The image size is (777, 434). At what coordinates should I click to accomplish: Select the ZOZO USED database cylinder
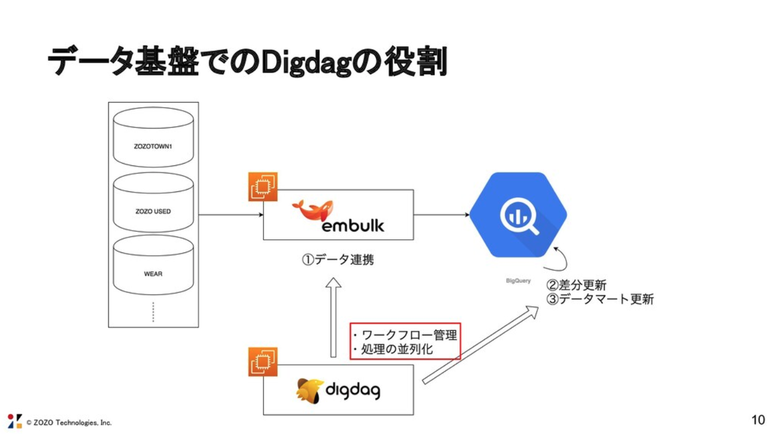point(153,203)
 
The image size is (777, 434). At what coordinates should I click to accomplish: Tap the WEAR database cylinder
point(153,266)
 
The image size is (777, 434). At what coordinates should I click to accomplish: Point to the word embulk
point(353,224)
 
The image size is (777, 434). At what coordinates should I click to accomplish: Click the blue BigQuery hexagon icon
point(518,214)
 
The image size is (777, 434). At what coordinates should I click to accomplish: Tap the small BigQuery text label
point(518,281)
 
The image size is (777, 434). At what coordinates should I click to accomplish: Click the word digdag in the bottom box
point(353,391)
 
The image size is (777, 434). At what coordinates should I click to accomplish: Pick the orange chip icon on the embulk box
point(263,187)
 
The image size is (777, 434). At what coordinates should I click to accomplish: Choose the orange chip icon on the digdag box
point(263,362)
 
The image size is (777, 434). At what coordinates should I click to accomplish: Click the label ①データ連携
point(338,260)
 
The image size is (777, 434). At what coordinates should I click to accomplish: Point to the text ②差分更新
point(576,285)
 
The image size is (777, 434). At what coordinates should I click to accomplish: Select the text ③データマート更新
point(600,300)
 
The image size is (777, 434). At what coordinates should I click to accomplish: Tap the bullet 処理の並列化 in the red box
point(397,349)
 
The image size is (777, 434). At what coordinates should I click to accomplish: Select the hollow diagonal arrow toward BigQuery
point(480,345)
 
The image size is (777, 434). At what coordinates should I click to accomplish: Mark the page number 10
point(759,420)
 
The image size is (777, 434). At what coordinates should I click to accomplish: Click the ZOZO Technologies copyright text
point(69,422)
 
